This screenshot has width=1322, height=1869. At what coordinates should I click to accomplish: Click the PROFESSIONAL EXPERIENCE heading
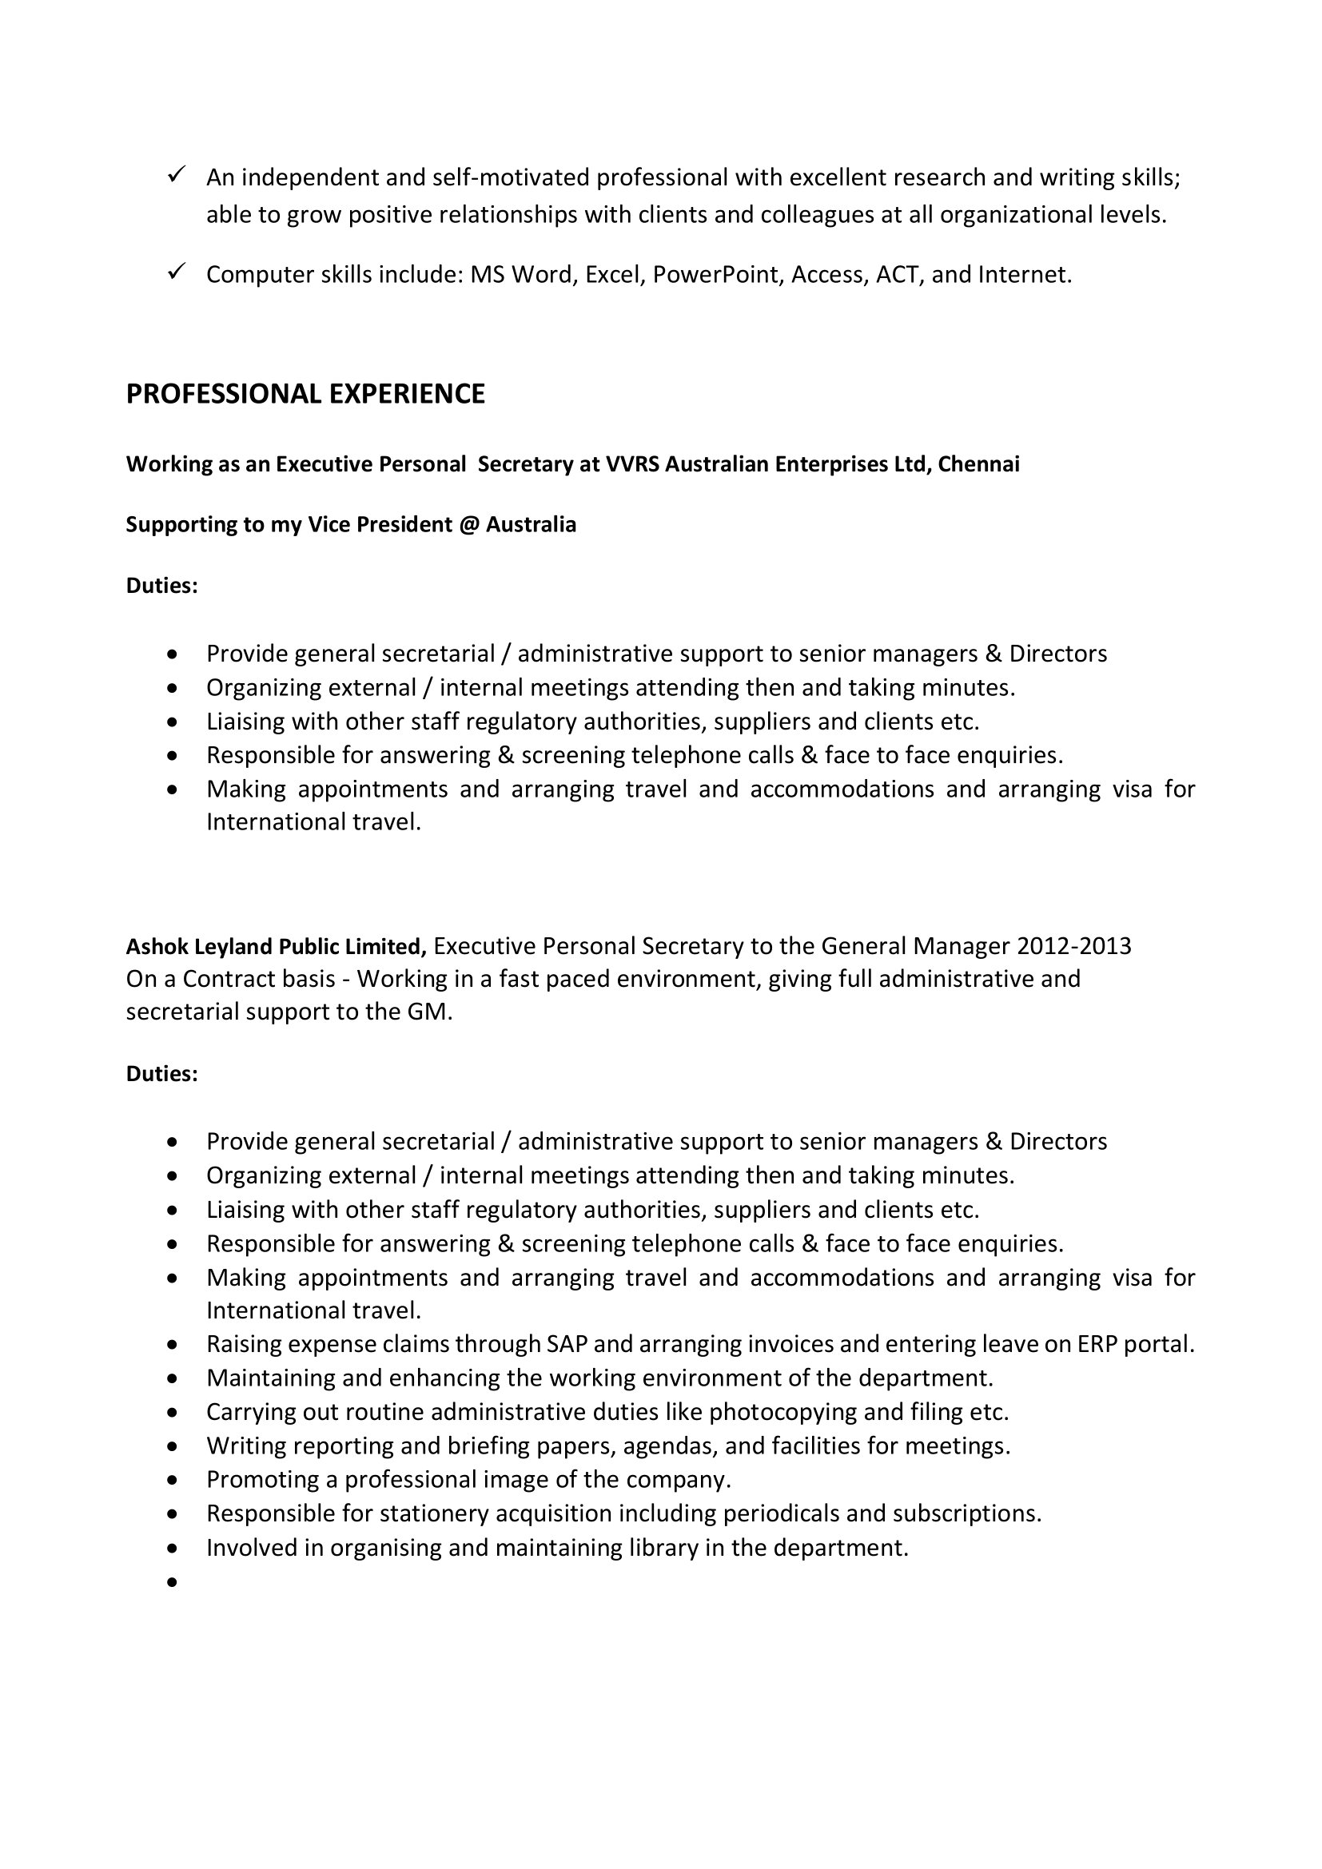click(x=305, y=394)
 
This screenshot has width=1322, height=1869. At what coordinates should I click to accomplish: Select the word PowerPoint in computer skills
click(x=716, y=275)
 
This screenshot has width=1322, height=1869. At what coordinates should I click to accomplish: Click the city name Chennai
click(x=978, y=464)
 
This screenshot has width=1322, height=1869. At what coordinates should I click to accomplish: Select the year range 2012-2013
click(x=1073, y=946)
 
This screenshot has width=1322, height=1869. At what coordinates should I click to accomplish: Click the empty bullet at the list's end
click(x=171, y=1582)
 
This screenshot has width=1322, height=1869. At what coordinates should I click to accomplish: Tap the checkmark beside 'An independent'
click(x=177, y=174)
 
